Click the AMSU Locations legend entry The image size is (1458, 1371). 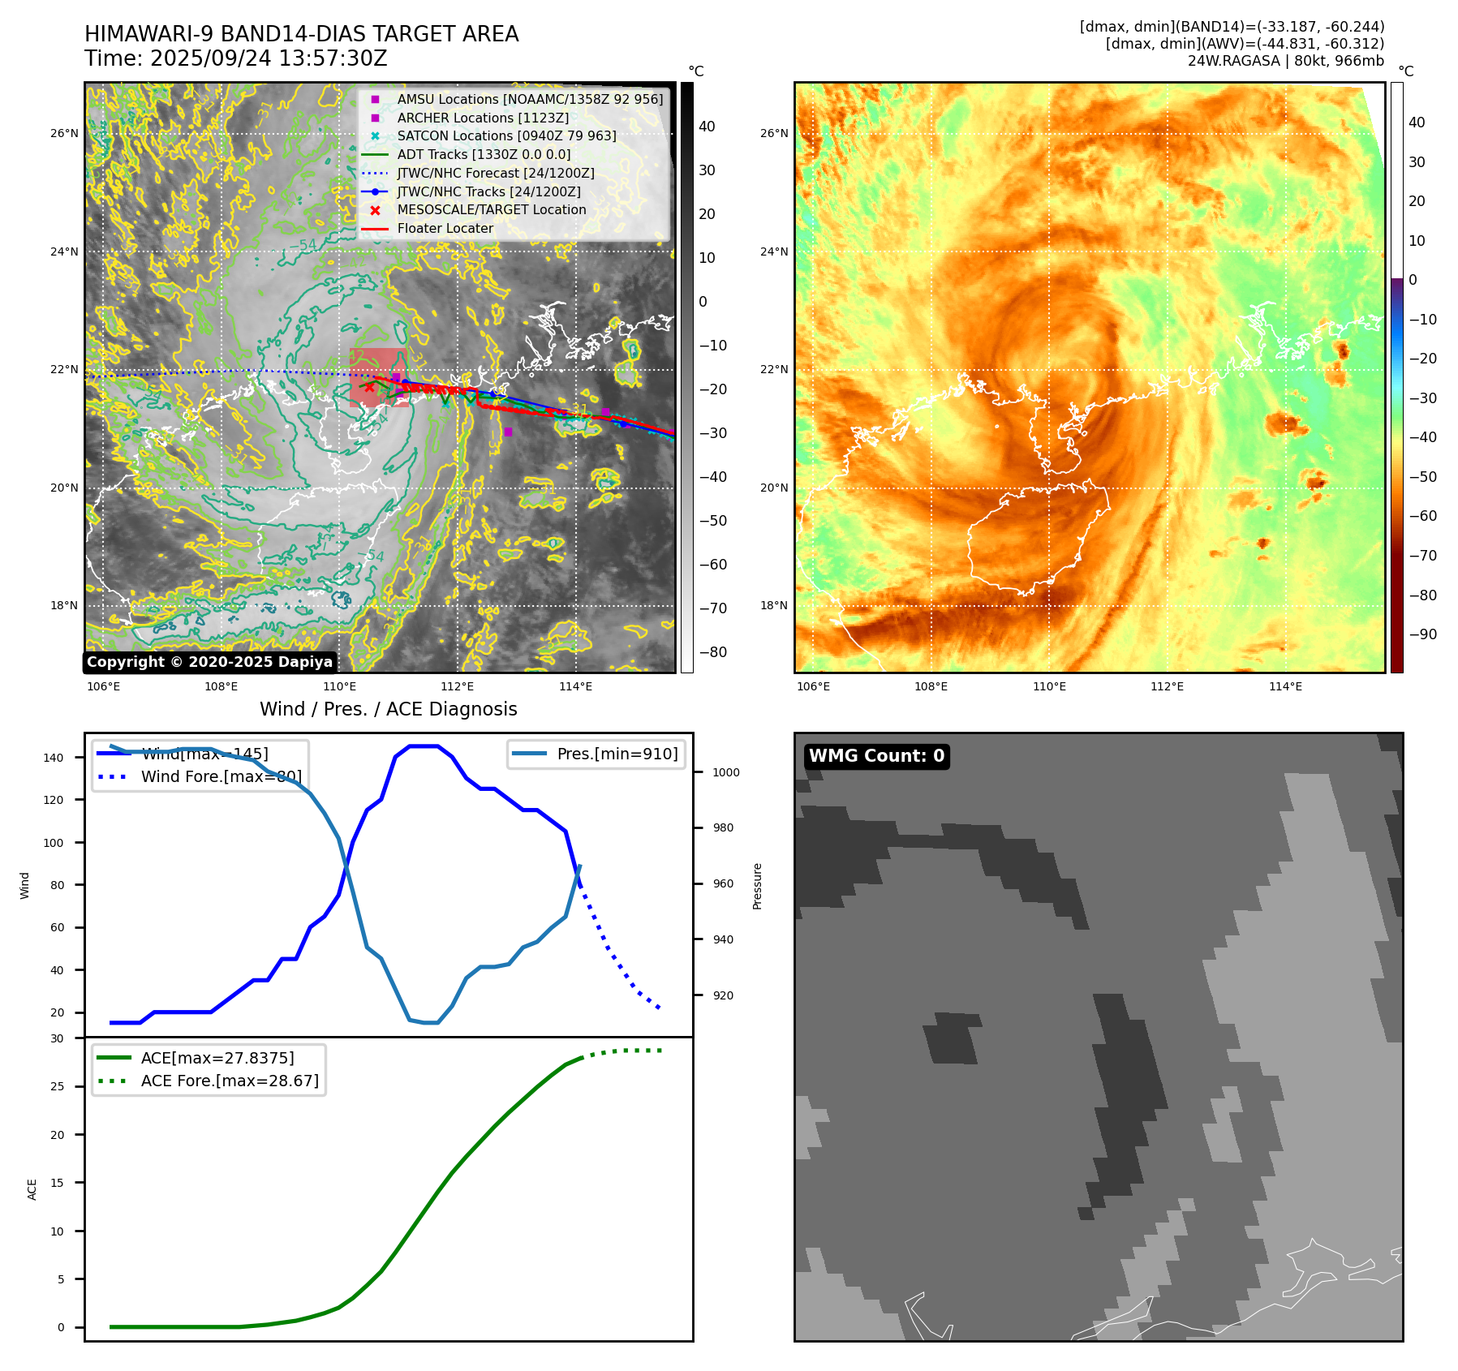[x=529, y=99]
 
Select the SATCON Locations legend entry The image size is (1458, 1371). [x=506, y=135]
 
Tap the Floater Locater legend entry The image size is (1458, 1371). [x=445, y=228]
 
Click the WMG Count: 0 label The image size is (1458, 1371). [x=876, y=756]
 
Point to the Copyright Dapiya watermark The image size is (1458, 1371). [x=209, y=662]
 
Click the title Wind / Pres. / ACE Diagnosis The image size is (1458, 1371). [x=388, y=709]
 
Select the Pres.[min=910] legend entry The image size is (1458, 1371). [x=617, y=754]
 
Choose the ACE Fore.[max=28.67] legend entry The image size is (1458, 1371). [x=230, y=1081]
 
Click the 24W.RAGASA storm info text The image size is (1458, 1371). [x=1285, y=61]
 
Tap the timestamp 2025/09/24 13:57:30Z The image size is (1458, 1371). [x=268, y=58]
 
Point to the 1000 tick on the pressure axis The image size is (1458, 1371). [x=725, y=772]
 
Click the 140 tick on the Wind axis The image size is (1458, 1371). [x=54, y=758]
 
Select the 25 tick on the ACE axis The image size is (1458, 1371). [x=57, y=1086]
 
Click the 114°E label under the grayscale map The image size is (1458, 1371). [x=575, y=686]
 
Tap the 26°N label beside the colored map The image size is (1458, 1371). [x=774, y=133]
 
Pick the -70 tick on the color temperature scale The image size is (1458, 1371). [x=1422, y=556]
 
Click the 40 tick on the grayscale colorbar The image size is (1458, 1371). [x=707, y=127]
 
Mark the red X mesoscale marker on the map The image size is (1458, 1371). [x=369, y=387]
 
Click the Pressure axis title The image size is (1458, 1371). [x=757, y=886]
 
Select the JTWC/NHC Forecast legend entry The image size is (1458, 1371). [x=495, y=173]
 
